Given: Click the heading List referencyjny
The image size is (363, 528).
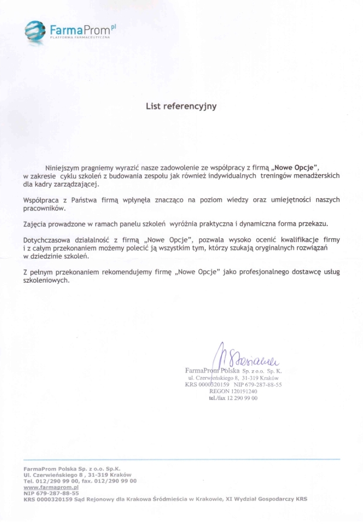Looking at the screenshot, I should [181, 106].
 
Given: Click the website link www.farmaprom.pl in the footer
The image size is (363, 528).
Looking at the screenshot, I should [51, 487].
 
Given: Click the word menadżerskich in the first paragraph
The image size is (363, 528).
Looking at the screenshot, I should [311, 175].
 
